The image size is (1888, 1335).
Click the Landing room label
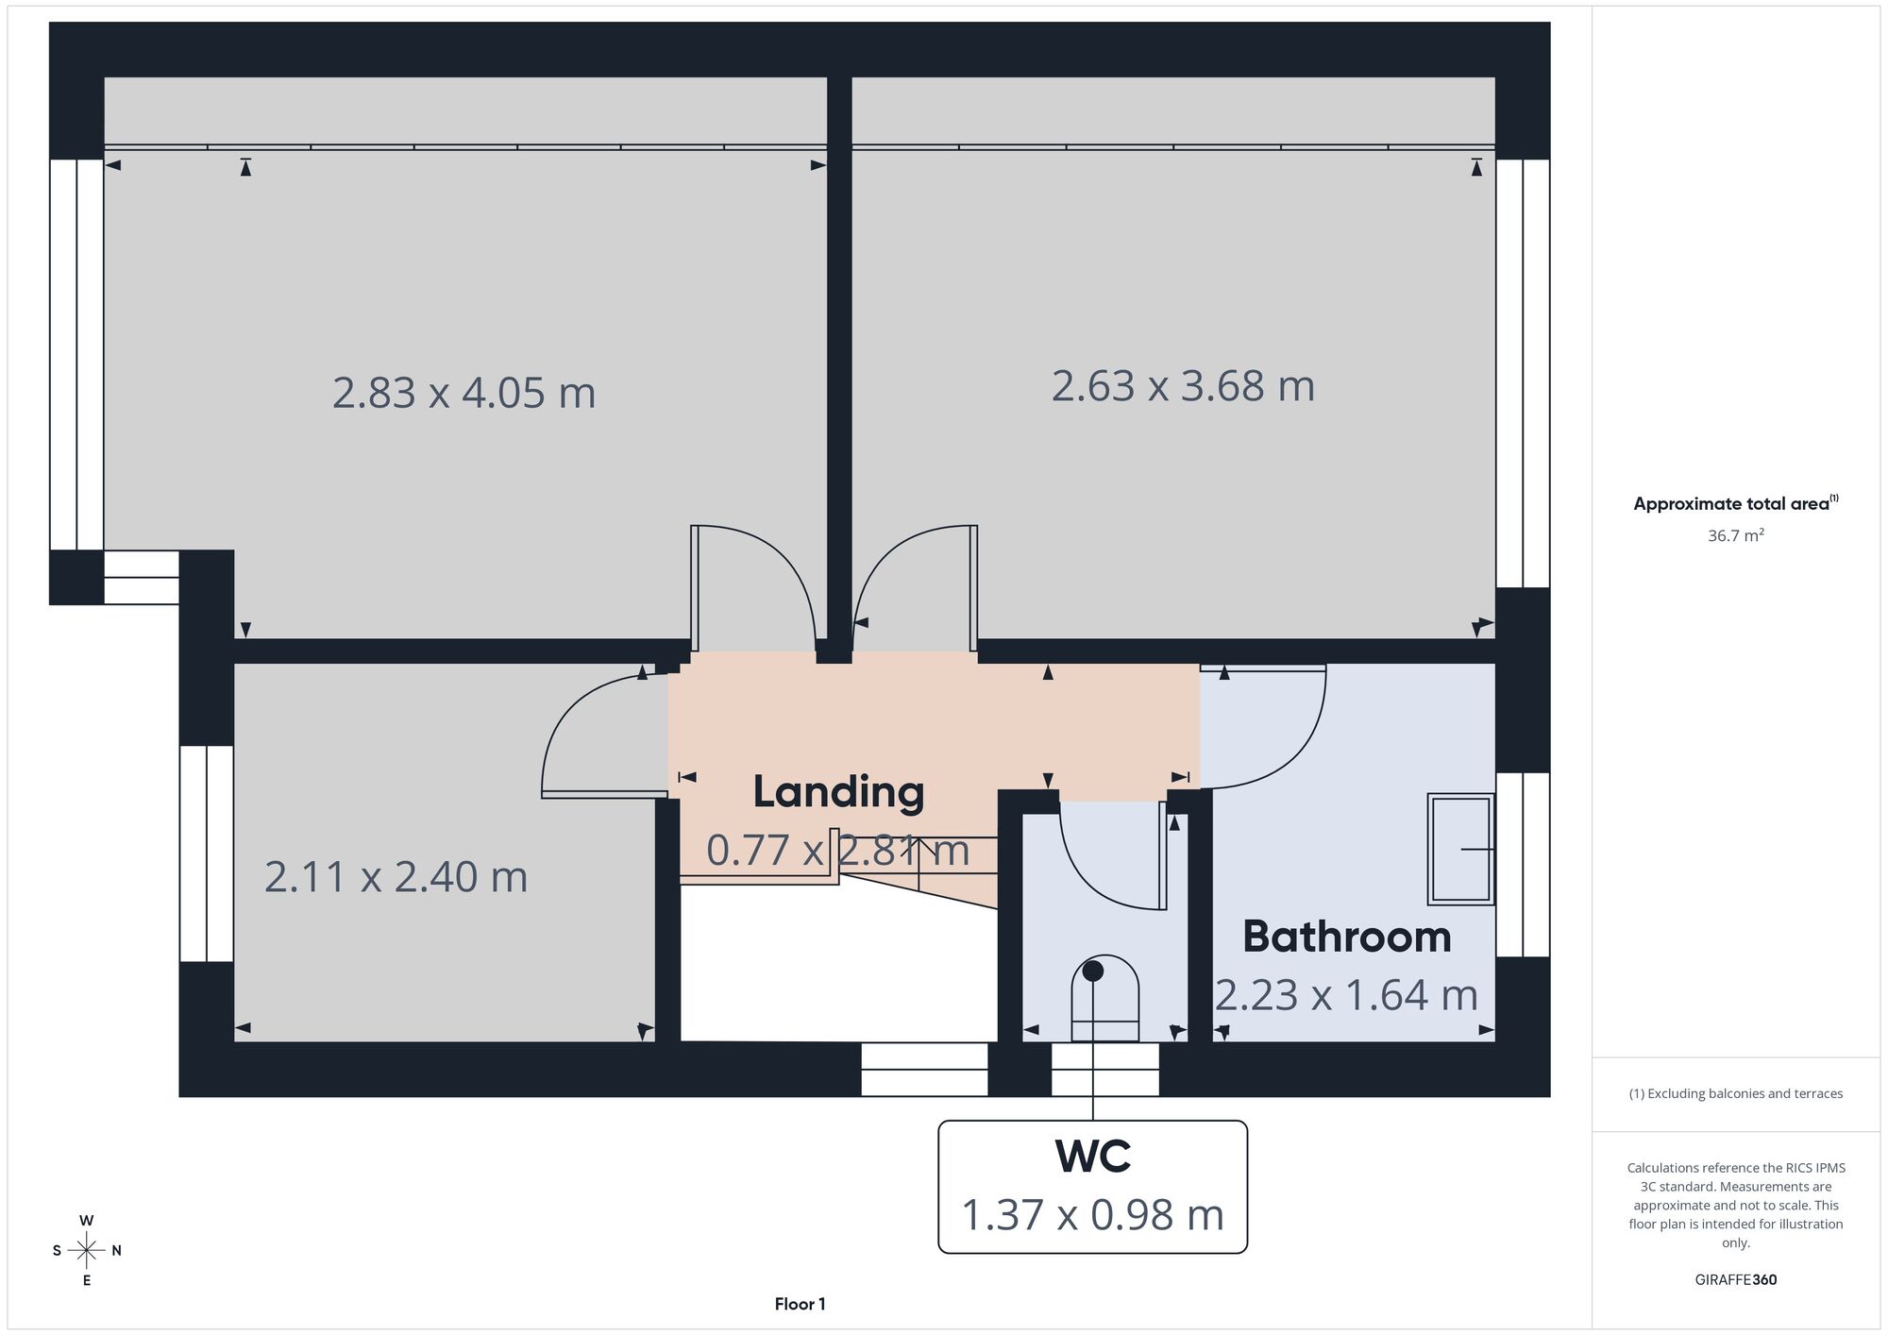point(838,793)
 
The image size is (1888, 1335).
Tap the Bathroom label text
point(1347,937)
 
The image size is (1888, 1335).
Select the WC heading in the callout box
point(1093,1157)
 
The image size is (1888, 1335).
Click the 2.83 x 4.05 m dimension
point(464,393)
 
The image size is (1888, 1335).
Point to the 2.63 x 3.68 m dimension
point(1183,386)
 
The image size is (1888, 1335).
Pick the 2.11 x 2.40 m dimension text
point(396,877)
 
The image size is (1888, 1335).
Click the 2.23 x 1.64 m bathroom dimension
point(1347,995)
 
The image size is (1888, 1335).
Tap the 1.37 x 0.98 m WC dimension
point(1093,1215)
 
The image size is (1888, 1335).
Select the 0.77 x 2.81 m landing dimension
point(838,851)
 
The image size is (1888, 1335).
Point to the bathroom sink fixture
point(1461,849)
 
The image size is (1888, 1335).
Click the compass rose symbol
point(87,1251)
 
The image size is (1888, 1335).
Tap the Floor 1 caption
point(800,1305)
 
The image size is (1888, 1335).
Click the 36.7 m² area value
point(1736,535)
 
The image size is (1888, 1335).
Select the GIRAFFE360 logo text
point(1736,1280)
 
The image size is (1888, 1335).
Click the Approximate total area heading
point(1736,503)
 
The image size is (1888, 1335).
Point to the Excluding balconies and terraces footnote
point(1736,1094)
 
